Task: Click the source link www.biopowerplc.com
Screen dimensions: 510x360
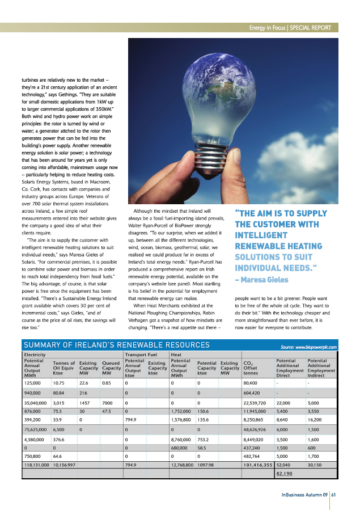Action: pos(309,346)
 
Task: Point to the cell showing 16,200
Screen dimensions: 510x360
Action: pos(316,420)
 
